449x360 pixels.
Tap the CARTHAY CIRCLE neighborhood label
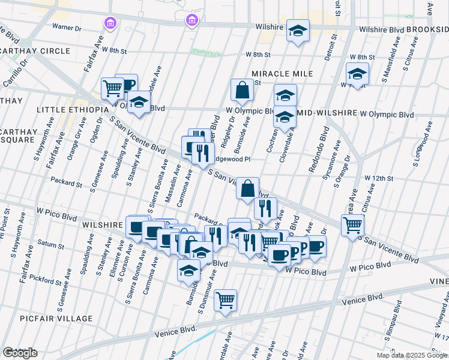(x=35, y=51)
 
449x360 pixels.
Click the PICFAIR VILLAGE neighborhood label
(x=56, y=319)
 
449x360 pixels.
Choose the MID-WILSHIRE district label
(x=327, y=113)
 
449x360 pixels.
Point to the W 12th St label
(x=378, y=179)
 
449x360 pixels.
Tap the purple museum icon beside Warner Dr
(x=110, y=23)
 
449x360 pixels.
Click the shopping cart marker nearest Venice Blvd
(x=225, y=299)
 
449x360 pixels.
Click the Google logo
(x=20, y=353)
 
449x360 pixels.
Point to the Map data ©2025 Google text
(x=412, y=355)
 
